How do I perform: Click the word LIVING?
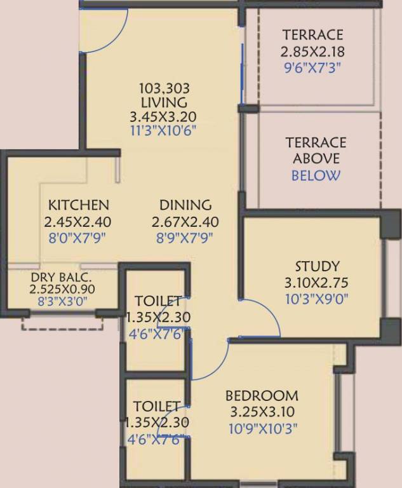coord(164,102)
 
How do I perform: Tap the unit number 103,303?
coord(164,88)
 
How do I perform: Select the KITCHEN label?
coord(79,205)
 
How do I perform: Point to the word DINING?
coord(185,205)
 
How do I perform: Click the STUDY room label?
coord(317,266)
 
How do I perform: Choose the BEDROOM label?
coord(262,396)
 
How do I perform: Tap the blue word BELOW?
coord(316,176)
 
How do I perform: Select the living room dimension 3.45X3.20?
coord(163,117)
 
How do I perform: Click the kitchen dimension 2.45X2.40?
coord(78,222)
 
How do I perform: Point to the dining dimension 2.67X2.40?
coord(185,222)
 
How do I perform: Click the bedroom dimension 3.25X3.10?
coord(262,412)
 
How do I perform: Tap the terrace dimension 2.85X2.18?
coord(312,51)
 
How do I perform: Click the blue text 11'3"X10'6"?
coord(163,132)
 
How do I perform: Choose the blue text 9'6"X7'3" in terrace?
coord(312,67)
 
